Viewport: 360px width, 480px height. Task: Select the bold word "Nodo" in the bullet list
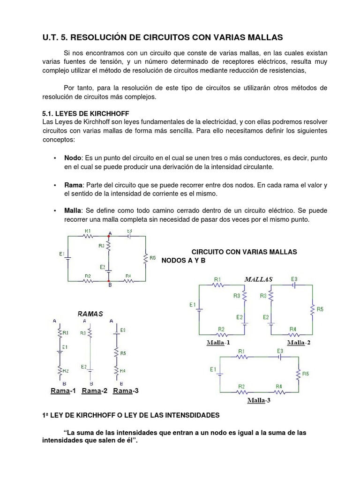point(73,158)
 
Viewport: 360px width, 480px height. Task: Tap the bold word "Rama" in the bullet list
point(74,185)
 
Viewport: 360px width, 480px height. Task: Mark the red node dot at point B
point(109,281)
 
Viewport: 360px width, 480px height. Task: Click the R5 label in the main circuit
point(152,257)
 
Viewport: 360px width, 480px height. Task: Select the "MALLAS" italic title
point(258,279)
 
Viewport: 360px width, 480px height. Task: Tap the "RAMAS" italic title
point(90,314)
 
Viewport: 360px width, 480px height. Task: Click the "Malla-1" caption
point(218,342)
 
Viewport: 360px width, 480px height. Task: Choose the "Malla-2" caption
point(299,342)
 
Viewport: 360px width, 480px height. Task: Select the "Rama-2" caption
point(95,391)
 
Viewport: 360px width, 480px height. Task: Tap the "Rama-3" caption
point(126,391)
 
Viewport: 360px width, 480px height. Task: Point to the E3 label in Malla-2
point(294,278)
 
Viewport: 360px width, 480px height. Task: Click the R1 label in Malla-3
point(241,351)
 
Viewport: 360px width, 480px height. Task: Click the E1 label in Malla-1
point(193,305)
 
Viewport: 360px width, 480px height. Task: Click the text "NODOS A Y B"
point(184,260)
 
